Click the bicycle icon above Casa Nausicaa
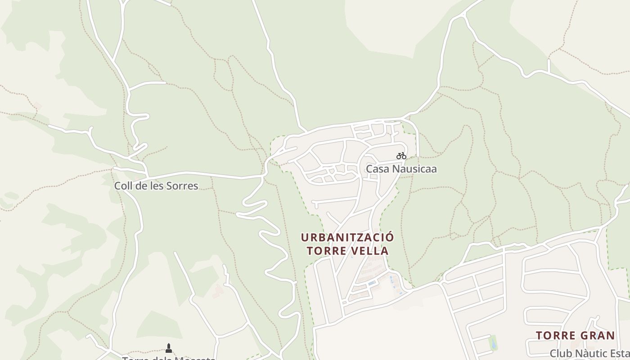click(x=401, y=156)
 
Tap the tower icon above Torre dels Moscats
click(x=169, y=348)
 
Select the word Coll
click(x=123, y=186)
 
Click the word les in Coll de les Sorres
click(x=157, y=186)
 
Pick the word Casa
click(x=377, y=169)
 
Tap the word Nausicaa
click(x=414, y=169)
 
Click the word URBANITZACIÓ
click(x=347, y=237)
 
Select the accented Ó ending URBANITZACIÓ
click(x=390, y=237)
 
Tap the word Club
click(x=560, y=354)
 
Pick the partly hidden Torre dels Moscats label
click(x=168, y=358)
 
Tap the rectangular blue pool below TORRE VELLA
click(x=371, y=283)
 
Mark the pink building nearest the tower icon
click(x=218, y=290)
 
